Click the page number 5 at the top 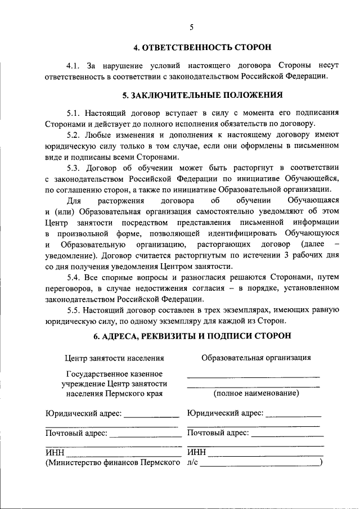(191, 27)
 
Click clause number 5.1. (74, 113)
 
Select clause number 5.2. (74, 136)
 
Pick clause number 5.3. (74, 168)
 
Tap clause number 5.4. (74, 277)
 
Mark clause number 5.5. (74, 310)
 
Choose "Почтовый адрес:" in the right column (218, 433)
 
